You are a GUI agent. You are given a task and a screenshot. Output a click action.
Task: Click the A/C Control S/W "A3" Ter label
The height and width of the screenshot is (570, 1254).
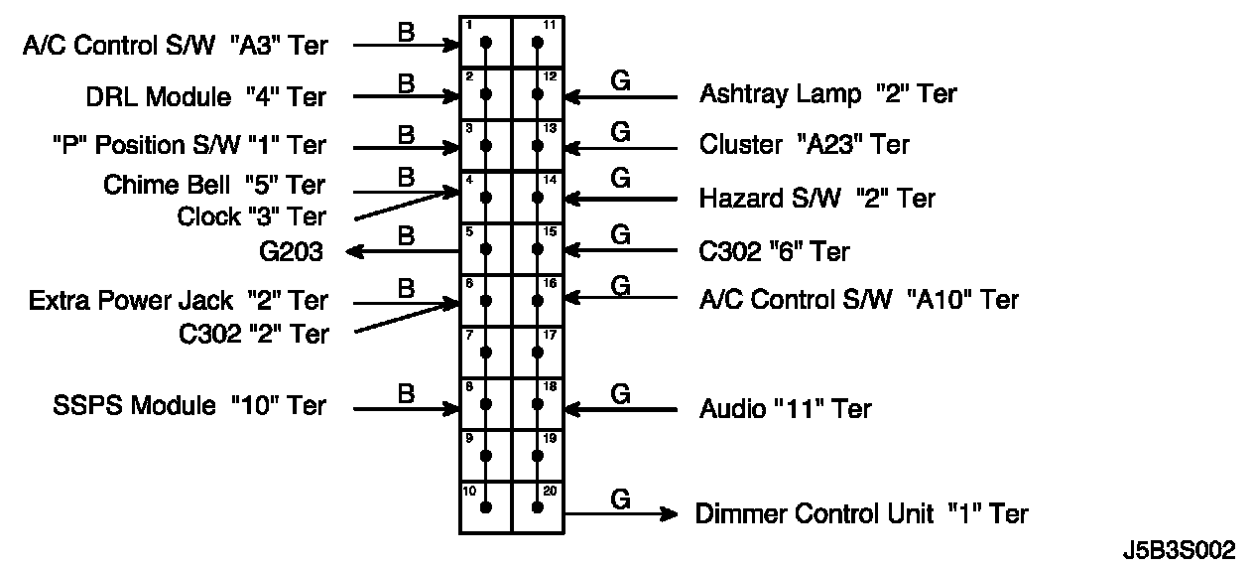tap(174, 45)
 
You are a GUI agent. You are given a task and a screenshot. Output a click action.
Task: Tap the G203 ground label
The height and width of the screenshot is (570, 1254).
tap(290, 252)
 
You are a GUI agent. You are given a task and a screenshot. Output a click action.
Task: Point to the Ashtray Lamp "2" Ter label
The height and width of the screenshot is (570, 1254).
tap(827, 94)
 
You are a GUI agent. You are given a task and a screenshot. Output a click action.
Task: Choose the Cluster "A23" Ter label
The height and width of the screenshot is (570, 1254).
tap(804, 145)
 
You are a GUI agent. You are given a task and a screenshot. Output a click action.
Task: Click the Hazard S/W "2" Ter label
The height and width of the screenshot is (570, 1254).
tap(816, 198)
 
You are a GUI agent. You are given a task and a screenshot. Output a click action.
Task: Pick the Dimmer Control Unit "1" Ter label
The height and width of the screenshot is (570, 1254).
tap(861, 513)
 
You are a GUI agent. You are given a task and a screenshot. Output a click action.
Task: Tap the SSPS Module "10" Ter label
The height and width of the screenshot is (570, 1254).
tap(188, 405)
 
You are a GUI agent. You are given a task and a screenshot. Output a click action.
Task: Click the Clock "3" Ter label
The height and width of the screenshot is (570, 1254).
tap(251, 215)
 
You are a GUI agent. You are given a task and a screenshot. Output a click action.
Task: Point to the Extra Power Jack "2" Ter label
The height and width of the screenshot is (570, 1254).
tap(179, 300)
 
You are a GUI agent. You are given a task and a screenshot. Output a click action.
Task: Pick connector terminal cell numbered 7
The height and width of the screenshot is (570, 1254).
tap(485, 352)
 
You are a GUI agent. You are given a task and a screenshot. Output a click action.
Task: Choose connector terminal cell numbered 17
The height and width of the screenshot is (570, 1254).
tap(537, 352)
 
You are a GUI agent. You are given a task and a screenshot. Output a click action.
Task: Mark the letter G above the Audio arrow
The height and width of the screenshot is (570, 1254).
tap(620, 393)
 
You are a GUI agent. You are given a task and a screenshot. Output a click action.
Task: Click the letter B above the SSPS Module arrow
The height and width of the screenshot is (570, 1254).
tap(406, 393)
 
